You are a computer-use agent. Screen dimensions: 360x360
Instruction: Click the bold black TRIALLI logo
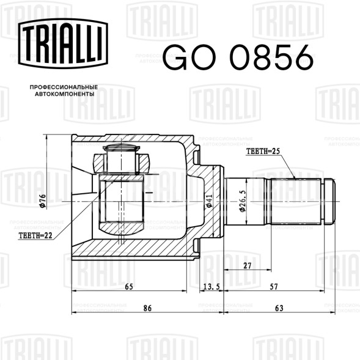(x=63, y=43)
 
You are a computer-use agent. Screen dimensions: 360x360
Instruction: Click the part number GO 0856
(x=238, y=57)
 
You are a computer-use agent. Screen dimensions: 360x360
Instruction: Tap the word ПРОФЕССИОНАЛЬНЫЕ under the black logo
(x=64, y=87)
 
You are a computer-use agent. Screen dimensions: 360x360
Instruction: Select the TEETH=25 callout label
(x=263, y=152)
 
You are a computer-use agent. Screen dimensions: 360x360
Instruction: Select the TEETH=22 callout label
(x=35, y=235)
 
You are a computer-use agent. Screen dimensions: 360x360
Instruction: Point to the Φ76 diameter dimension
(x=42, y=201)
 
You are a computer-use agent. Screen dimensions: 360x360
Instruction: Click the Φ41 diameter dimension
(x=209, y=201)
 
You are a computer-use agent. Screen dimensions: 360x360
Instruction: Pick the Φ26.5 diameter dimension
(x=242, y=201)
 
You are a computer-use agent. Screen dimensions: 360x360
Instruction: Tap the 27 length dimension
(x=248, y=266)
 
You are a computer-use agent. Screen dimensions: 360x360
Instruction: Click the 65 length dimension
(x=129, y=287)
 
